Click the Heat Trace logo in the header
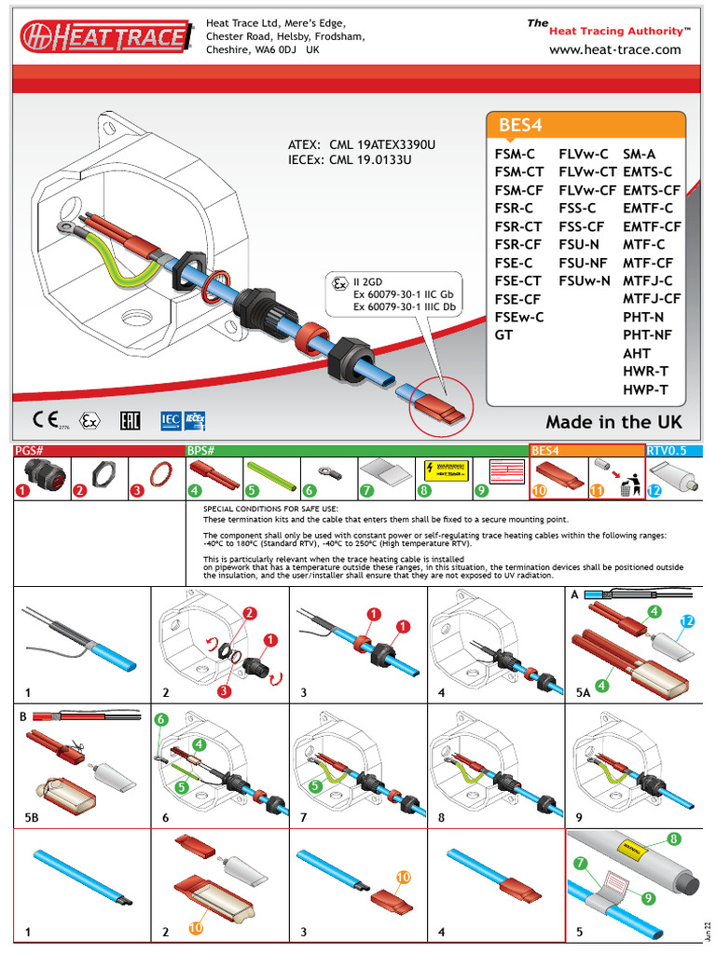point(105,36)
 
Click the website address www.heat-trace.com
point(615,49)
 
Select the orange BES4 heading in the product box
point(521,126)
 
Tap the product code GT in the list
point(504,334)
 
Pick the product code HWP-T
point(646,390)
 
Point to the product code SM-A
point(640,154)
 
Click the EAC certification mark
point(130,421)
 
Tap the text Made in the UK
point(613,422)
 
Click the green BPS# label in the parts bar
point(201,450)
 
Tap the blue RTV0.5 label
point(667,450)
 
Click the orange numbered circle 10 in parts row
point(540,490)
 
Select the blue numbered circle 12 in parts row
point(654,490)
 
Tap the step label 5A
point(584,692)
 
